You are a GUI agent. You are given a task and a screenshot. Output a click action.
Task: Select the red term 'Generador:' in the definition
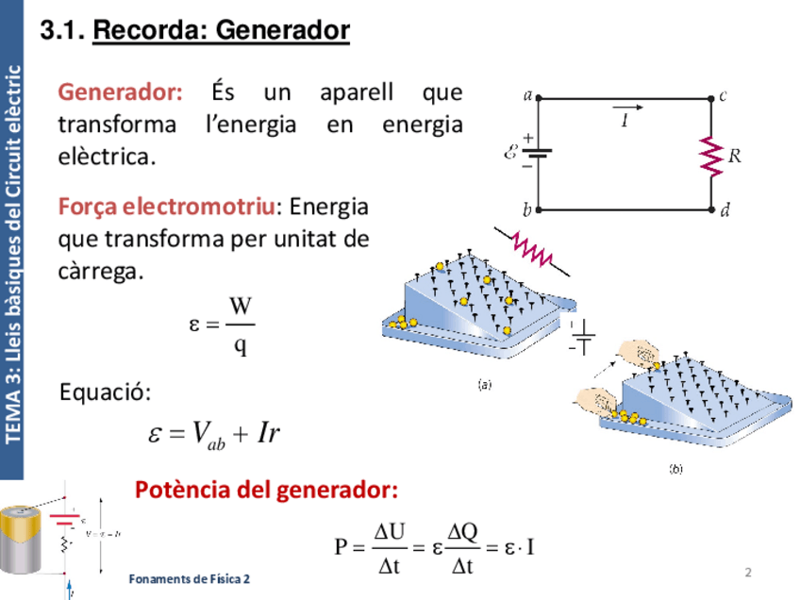(x=121, y=92)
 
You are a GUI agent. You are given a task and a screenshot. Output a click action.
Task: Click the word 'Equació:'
(x=105, y=391)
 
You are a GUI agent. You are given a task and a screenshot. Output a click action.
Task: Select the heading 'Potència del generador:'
(x=267, y=491)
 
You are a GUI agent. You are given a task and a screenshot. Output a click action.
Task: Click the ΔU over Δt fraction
(x=389, y=548)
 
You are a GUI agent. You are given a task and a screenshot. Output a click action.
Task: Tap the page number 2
(x=748, y=573)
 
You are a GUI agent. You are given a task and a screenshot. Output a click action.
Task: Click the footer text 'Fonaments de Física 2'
(x=190, y=578)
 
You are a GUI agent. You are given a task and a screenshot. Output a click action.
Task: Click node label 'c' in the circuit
(x=722, y=95)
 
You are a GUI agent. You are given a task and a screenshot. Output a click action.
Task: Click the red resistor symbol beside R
(x=709, y=153)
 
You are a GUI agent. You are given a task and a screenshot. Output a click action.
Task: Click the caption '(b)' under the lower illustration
(x=675, y=468)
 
